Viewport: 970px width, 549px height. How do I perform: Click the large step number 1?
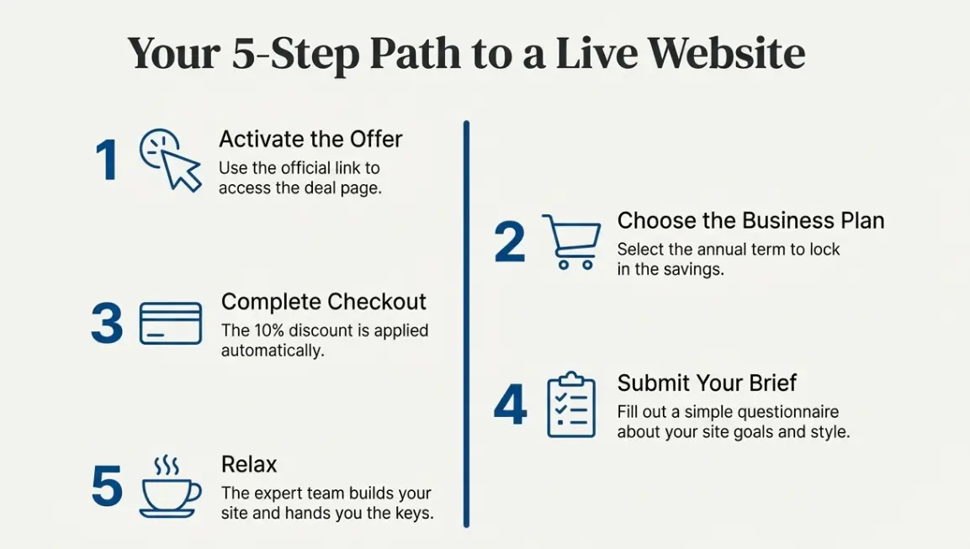pos(107,160)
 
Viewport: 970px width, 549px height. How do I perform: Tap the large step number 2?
pos(510,242)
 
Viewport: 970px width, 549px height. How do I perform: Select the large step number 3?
pos(107,324)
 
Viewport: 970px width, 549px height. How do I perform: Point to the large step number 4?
pos(510,405)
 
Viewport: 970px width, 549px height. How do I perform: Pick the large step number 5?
pos(107,488)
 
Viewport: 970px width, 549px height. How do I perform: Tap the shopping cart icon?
pos(572,241)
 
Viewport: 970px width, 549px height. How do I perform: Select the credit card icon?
pos(171,324)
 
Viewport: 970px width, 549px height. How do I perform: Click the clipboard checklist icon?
pos(571,404)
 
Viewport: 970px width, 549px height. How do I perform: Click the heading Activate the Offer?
pos(310,139)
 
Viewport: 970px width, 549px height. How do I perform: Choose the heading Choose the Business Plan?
pos(750,220)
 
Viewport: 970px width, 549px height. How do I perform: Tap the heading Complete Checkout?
pos(324,302)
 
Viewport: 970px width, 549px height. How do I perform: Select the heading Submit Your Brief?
pos(707,383)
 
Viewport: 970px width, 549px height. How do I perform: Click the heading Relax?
pos(249,464)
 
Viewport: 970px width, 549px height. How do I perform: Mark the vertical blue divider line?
pos(466,324)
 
